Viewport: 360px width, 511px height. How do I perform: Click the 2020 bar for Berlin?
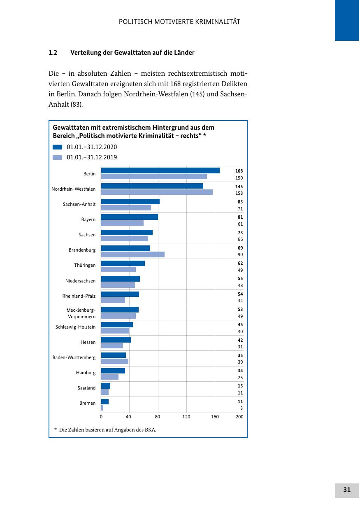coord(160,170)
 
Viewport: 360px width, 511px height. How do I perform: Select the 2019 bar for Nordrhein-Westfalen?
coord(157,192)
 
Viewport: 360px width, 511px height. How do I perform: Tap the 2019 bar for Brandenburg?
coord(132,254)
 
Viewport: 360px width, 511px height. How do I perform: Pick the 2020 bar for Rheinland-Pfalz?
coord(120,294)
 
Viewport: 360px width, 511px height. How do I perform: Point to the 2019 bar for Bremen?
coord(102,408)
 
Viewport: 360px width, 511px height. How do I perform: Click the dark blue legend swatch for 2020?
coord(58,147)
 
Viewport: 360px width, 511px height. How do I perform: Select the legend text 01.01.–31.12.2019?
coord(92,157)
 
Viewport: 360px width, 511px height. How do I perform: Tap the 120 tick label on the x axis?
coord(186,417)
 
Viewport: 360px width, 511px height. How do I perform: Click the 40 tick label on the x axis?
coord(129,417)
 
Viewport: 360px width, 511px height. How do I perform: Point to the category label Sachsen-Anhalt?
coord(79,204)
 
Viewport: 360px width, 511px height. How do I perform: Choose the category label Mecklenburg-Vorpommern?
coord(81,313)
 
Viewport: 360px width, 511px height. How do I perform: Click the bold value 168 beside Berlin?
coord(239,171)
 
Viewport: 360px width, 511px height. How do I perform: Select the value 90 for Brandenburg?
coord(240,255)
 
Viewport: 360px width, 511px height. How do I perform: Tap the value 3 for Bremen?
coord(242,408)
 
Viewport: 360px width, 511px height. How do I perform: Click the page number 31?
coord(347,490)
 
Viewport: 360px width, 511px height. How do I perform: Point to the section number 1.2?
coord(52,53)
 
